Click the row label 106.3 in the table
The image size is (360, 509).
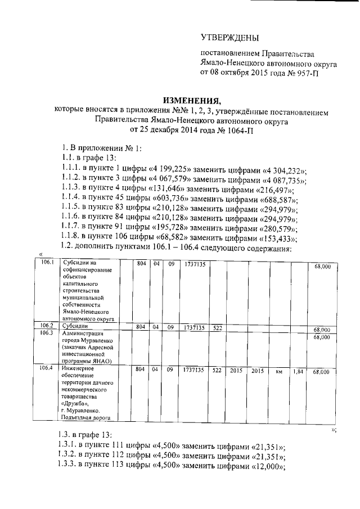[47, 334]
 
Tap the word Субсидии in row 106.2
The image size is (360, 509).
[75, 326]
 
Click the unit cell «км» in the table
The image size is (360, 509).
[278, 372]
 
